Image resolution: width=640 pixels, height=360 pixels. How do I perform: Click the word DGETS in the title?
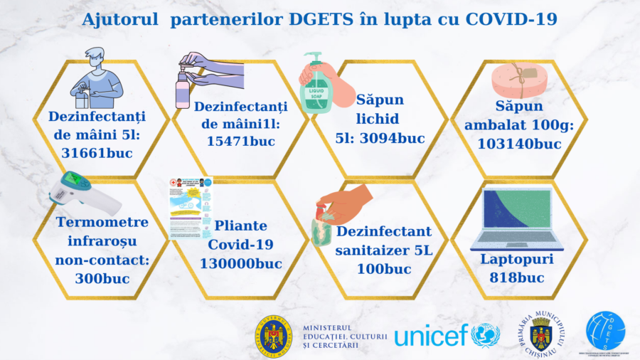[316, 19]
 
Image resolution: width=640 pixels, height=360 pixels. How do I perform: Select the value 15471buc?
[241, 141]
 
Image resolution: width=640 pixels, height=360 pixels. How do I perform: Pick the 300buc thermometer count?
[102, 277]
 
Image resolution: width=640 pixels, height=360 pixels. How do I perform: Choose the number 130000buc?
[241, 264]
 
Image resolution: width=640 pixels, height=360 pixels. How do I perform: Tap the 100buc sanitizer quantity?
[383, 269]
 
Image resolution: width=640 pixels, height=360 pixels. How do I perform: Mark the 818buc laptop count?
[516, 277]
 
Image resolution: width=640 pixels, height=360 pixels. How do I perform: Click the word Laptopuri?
[516, 258]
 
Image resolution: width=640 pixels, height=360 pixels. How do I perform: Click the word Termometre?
[102, 222]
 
